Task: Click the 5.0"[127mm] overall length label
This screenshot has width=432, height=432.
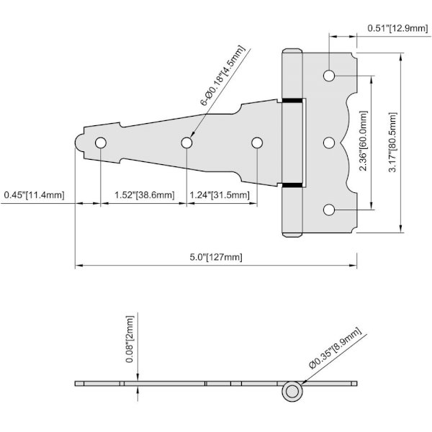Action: click(216, 257)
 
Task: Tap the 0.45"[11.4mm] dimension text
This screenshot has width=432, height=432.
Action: click(34, 195)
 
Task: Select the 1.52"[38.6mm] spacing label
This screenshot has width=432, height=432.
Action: click(145, 195)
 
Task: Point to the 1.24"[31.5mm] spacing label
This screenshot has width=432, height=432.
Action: click(220, 195)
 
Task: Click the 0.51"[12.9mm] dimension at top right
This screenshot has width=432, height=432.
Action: click(398, 28)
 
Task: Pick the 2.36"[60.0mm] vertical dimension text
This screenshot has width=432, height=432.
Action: click(364, 141)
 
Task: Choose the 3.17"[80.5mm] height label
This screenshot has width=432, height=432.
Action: click(392, 142)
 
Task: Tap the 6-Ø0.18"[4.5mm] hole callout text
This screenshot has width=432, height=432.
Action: click(222, 76)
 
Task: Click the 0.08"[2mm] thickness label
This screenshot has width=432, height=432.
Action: click(129, 339)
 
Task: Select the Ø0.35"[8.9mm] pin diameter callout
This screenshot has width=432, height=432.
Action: click(335, 348)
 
